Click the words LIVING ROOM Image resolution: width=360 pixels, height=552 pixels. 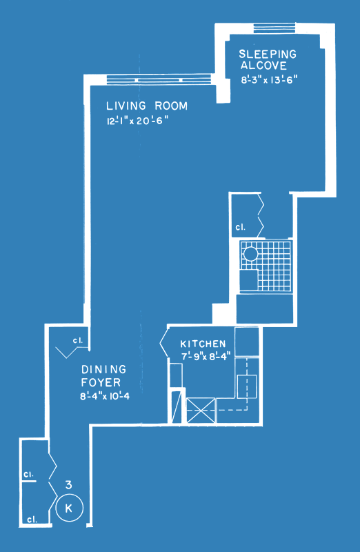click(x=147, y=106)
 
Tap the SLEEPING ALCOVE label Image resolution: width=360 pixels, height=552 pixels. click(x=268, y=60)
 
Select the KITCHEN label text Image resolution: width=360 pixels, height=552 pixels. click(x=203, y=344)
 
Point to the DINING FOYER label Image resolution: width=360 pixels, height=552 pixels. click(x=103, y=375)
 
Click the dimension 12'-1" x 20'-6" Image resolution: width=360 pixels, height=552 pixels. click(x=138, y=121)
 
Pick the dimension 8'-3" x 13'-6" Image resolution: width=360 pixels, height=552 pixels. click(x=269, y=80)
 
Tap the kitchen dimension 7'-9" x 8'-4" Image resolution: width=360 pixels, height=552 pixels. click(x=206, y=356)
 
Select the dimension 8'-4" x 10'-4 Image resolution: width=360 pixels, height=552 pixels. click(x=105, y=396)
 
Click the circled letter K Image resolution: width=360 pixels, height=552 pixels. click(x=70, y=509)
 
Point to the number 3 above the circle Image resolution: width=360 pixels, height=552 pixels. click(x=69, y=485)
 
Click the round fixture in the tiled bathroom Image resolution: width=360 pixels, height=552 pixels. click(x=251, y=254)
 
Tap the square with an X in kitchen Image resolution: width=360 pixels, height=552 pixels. click(x=201, y=410)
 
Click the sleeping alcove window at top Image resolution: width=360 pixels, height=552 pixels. click(x=274, y=28)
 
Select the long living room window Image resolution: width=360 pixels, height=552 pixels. click(x=159, y=79)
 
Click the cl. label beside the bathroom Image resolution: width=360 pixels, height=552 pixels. click(x=241, y=228)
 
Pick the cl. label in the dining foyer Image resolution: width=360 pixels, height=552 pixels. click(x=78, y=341)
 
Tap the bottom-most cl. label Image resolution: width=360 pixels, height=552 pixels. click(x=32, y=520)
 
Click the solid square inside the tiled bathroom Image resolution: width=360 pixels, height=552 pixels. click(x=248, y=280)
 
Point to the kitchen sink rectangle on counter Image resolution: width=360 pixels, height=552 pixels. click(x=246, y=386)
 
